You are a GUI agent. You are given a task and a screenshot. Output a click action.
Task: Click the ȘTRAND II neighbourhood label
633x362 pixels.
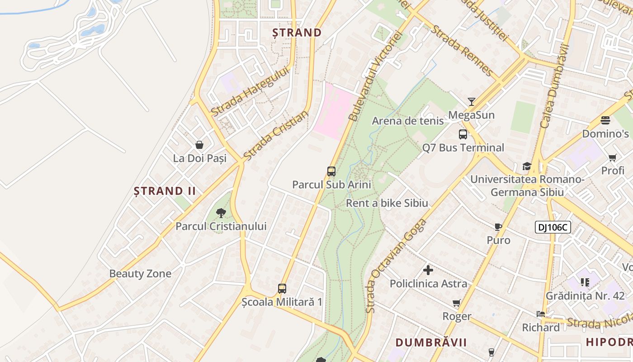[165, 191]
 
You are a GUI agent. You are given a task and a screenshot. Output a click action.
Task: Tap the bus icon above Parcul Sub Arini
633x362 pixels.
[331, 171]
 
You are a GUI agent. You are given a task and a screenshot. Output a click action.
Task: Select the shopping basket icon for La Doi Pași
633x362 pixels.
[199, 145]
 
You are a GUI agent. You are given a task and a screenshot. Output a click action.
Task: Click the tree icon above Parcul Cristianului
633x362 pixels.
[221, 213]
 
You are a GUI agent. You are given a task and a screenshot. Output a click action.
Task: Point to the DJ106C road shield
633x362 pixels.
[553, 227]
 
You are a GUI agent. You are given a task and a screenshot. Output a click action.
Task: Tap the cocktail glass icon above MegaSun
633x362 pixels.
[472, 101]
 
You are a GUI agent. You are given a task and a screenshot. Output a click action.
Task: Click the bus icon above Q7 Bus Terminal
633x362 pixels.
[463, 134]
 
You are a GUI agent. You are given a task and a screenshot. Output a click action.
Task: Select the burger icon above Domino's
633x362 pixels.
[605, 120]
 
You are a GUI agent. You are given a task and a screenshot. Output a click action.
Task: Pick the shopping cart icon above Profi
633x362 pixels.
[613, 157]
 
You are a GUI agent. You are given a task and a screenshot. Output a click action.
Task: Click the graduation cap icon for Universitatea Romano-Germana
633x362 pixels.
[527, 166]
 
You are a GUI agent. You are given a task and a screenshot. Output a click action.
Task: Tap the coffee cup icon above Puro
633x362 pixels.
[498, 227]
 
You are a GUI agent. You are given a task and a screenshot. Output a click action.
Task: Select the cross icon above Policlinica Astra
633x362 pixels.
[428, 271]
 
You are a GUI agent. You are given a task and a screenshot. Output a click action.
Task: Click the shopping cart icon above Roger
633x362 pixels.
[457, 303]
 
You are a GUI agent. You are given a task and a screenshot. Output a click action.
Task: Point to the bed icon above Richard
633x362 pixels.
[541, 314]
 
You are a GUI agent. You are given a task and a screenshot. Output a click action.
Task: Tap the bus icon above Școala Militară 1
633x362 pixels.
[282, 288]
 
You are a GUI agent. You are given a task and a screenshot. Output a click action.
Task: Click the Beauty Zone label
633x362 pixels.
[140, 274]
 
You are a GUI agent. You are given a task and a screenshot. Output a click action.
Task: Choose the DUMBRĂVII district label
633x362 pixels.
[431, 342]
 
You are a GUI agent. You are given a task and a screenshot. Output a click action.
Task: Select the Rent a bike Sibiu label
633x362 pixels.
[387, 203]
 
